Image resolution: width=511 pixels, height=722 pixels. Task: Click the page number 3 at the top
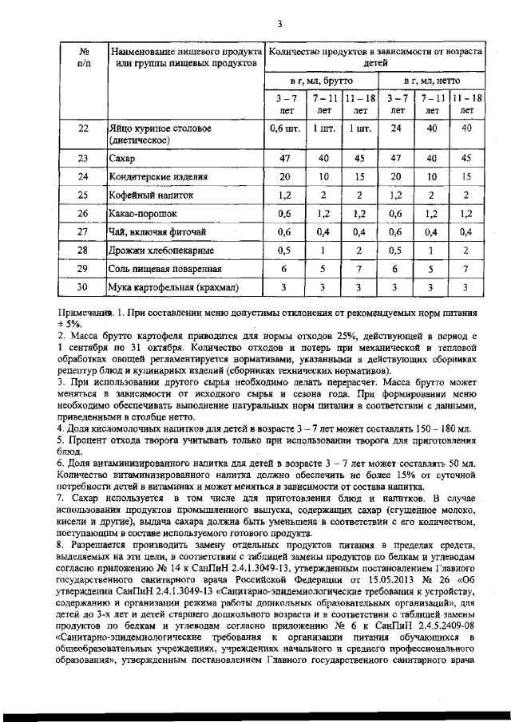[x=279, y=23]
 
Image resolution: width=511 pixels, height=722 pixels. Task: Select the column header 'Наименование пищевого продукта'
[x=184, y=51]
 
